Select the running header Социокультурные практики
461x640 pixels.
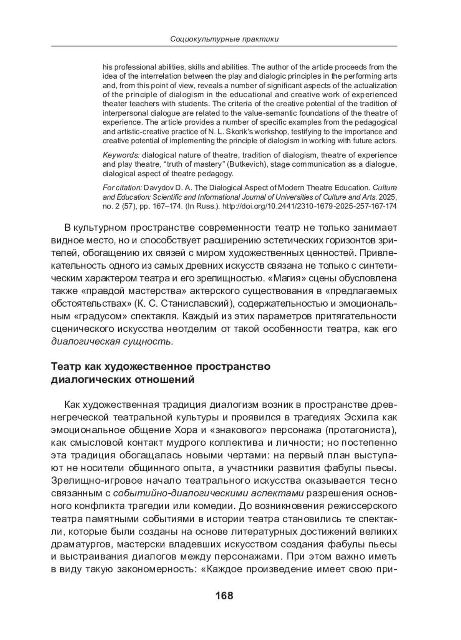(x=224, y=39)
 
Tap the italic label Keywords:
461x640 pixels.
(x=121, y=155)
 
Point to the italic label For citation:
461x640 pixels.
(x=123, y=188)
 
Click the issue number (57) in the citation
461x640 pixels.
(x=123, y=206)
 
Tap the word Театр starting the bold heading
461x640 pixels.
(x=67, y=366)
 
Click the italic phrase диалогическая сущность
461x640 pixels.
(x=112, y=342)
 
